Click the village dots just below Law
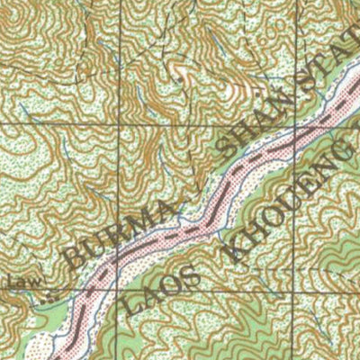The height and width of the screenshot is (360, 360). pos(49,294)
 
